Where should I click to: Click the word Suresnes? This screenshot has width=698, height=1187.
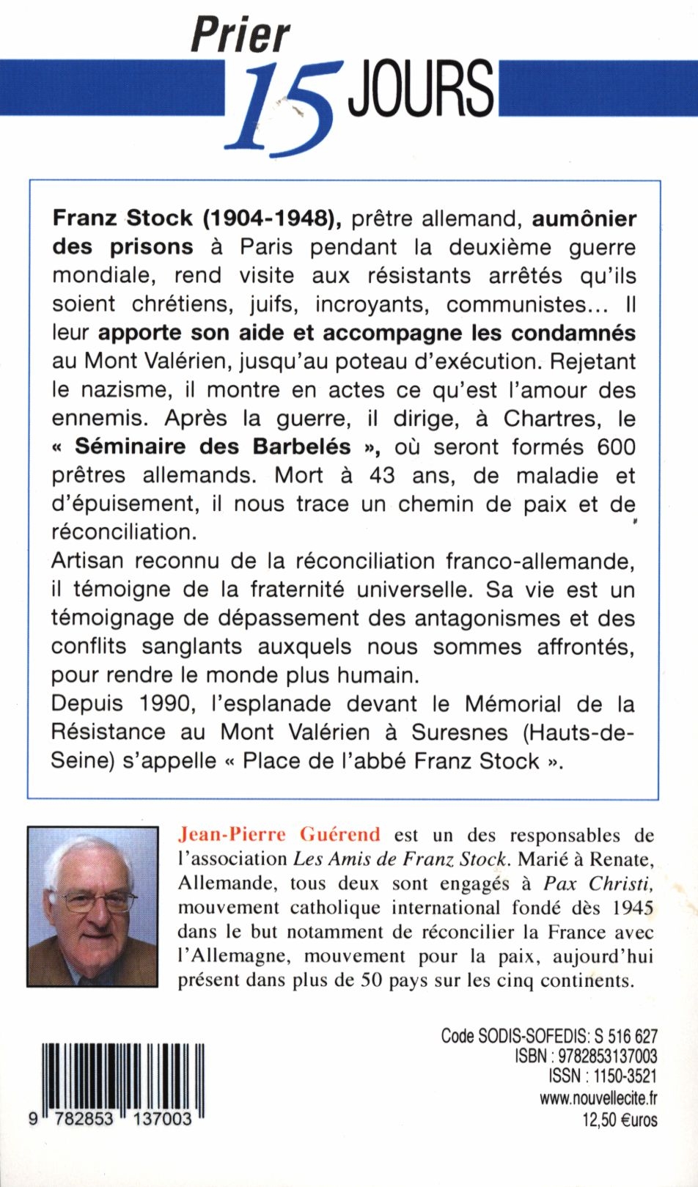coord(460,732)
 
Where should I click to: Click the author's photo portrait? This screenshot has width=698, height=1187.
coord(92,906)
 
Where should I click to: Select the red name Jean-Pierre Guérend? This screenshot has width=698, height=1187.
coord(280,834)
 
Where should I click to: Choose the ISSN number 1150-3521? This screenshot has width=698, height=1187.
coord(622,1076)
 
